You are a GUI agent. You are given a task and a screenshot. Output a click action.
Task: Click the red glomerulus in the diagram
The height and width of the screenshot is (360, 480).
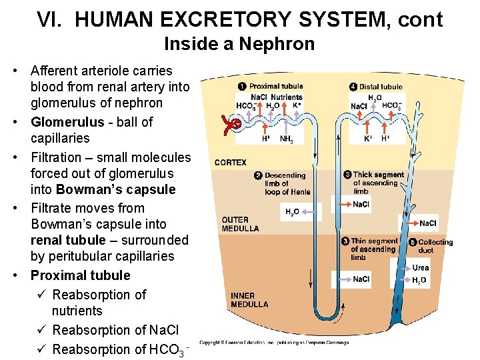[233, 125]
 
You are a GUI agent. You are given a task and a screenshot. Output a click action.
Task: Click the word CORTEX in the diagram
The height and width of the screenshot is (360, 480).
[231, 162]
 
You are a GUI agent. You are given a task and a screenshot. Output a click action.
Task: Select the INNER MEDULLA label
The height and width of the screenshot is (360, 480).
[249, 300]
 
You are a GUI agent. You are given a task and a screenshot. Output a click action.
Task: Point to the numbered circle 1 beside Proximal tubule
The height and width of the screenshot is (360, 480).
[243, 86]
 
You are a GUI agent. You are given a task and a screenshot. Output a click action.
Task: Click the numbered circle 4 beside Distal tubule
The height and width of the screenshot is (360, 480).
[353, 86]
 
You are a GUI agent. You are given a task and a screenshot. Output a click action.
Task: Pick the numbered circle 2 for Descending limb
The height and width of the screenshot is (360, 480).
[259, 175]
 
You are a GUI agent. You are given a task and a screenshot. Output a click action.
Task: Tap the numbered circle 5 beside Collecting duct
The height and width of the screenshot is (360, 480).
[413, 242]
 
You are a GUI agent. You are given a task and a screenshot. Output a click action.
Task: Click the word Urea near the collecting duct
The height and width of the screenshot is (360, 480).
[421, 268]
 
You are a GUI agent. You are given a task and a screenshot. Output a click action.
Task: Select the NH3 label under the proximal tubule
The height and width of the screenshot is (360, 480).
[287, 139]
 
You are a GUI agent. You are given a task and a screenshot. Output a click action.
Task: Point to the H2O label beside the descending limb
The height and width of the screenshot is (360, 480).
[292, 212]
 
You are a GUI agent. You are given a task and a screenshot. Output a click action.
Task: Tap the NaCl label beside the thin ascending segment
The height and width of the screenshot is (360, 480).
[361, 279]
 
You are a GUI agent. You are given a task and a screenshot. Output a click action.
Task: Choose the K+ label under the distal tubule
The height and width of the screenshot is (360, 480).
[368, 139]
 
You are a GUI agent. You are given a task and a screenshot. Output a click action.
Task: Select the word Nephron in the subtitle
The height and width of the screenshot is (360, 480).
[285, 44]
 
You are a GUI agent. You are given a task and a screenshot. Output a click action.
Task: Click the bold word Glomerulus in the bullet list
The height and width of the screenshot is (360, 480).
[67, 122]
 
